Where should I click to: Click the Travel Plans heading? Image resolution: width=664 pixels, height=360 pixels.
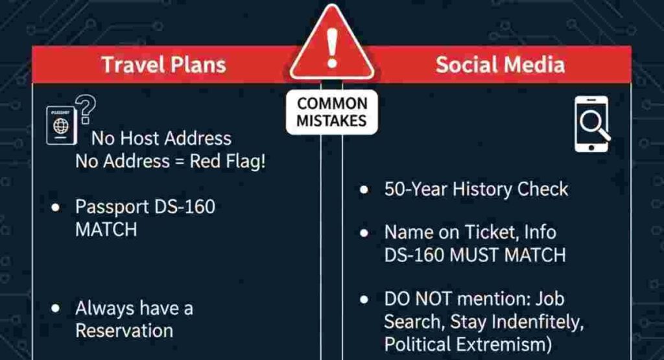pyautogui.click(x=163, y=65)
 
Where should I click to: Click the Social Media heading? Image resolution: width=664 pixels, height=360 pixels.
pyautogui.click(x=499, y=65)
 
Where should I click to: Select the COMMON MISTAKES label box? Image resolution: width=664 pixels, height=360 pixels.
pyautogui.click(x=332, y=112)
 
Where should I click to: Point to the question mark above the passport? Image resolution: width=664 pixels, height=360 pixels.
pyautogui.click(x=86, y=105)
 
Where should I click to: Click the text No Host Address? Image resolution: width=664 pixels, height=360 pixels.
pyautogui.click(x=161, y=138)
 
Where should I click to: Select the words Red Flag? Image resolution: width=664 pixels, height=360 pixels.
pyautogui.click(x=228, y=161)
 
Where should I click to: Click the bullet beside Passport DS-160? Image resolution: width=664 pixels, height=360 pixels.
pyautogui.click(x=56, y=208)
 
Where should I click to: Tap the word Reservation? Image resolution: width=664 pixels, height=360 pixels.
pyautogui.click(x=124, y=330)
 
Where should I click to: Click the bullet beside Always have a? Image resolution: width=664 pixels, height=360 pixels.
pyautogui.click(x=56, y=308)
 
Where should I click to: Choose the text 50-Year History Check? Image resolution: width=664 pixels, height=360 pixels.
pyautogui.click(x=475, y=189)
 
